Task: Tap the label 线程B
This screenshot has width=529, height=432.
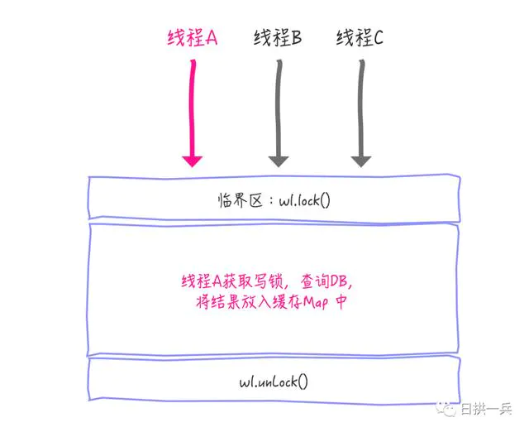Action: tap(276, 38)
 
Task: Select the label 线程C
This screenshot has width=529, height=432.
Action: tap(360, 38)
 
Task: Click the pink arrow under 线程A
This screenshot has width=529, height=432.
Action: tap(192, 108)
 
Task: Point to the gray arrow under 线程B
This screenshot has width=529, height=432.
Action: tap(277, 108)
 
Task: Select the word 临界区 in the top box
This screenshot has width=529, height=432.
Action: tap(236, 199)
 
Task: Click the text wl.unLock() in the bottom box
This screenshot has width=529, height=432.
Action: tap(274, 382)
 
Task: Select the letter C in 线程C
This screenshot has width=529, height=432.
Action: tap(378, 38)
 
